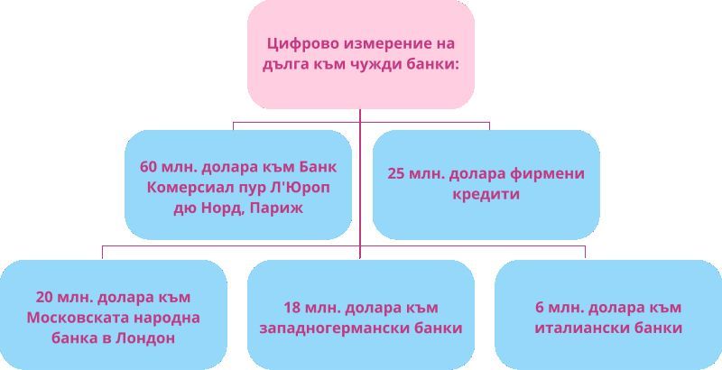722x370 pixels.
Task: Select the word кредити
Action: click(x=486, y=194)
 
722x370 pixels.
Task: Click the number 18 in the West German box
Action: click(x=292, y=308)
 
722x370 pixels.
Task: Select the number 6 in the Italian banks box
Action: click(x=540, y=308)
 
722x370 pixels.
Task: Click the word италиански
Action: click(x=579, y=328)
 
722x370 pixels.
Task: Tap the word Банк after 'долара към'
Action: click(x=318, y=167)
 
